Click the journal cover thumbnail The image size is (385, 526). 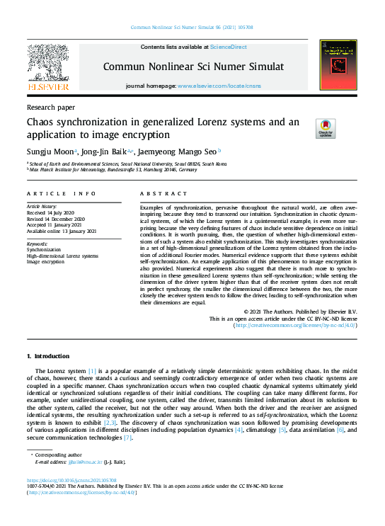[338, 64]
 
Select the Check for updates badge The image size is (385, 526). [325, 128]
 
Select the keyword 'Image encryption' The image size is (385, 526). [47, 261]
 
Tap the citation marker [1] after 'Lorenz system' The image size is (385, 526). [92, 371]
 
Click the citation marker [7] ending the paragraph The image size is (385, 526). [127, 438]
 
